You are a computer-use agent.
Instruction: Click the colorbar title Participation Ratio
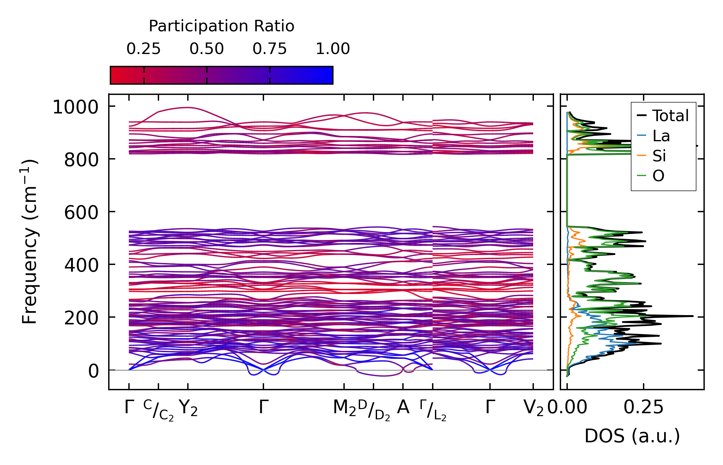coord(221,26)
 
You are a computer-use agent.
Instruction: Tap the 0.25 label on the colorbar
coord(143,49)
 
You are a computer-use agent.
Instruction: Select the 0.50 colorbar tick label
coord(206,49)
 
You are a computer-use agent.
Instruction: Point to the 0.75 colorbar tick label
coord(269,49)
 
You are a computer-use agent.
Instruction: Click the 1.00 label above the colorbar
coord(333,49)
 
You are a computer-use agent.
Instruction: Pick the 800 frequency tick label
coord(81,160)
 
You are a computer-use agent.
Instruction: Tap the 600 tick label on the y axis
coord(81,213)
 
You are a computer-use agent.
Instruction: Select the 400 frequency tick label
coord(81,265)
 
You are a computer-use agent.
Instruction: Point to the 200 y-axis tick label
coord(81,318)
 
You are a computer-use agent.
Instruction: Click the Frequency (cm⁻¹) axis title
coord(29,242)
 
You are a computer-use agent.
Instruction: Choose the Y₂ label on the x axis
coord(188,408)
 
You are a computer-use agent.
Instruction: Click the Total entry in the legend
coord(671,116)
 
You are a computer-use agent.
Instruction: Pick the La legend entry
coord(661,136)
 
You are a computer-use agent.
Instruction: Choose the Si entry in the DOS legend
coord(659,156)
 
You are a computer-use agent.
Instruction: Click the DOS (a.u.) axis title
coord(632,436)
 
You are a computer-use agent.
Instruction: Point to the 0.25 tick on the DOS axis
coord(643,407)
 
